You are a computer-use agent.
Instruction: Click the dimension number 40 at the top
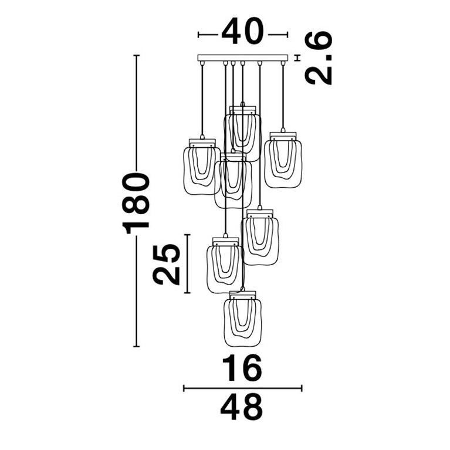242,31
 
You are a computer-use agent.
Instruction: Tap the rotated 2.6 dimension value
319,57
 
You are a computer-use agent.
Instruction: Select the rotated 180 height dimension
136,199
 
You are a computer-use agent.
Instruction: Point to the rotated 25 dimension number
166,264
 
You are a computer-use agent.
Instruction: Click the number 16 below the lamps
242,368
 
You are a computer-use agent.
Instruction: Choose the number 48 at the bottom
242,407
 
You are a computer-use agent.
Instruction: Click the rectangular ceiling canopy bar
242,58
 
